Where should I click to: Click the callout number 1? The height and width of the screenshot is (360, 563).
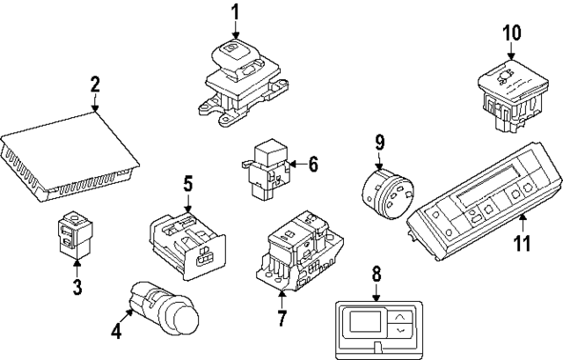236,12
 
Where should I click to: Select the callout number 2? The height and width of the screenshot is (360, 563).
95,85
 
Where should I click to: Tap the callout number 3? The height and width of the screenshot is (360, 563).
77,287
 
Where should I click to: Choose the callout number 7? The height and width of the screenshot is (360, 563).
281,317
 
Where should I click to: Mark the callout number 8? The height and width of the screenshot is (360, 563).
377,274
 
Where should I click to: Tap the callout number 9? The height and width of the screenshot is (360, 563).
379,142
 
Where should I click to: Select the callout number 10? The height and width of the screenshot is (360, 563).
512,33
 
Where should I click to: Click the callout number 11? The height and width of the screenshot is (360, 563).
523,241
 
